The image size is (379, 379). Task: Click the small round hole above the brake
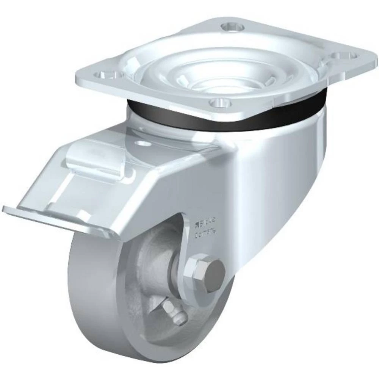pos(143,144)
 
